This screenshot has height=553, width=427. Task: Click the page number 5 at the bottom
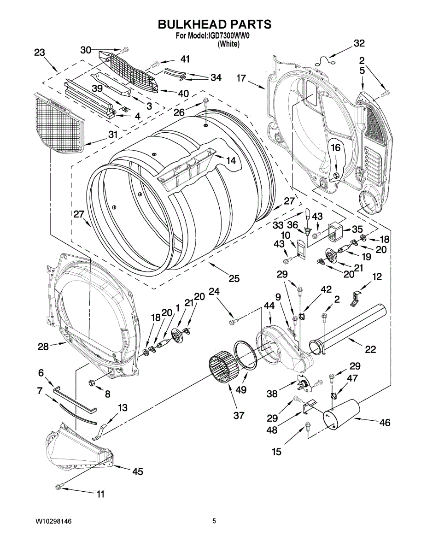pos(214,521)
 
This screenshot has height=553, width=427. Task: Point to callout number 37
pos(238,415)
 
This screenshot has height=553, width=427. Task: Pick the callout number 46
pos(384,422)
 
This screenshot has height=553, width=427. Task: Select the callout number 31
pos(112,135)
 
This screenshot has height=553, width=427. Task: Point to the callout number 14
pos(230,160)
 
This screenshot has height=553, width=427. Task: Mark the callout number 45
pos(137,471)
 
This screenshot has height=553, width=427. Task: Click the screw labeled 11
pos(59,486)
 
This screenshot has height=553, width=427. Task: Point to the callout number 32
pos(359,44)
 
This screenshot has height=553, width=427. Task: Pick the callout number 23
pos(40,53)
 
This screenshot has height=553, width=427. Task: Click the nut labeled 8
pos(91,382)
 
